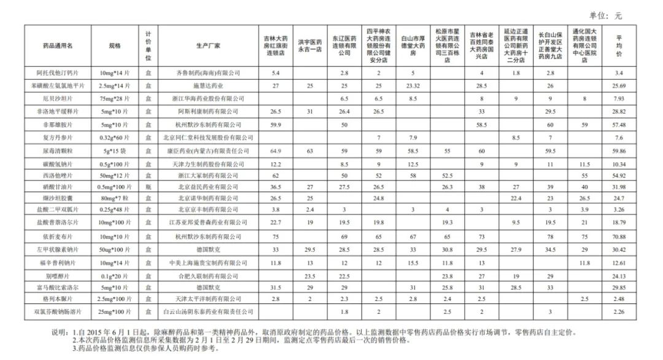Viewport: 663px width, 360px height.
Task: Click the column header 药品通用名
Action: (58, 45)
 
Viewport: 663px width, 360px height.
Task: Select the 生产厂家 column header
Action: (208, 45)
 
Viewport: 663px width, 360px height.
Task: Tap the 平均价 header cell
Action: (619, 45)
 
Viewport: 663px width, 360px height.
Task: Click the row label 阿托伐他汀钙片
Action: (58, 72)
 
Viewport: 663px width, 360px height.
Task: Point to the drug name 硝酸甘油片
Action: (58, 186)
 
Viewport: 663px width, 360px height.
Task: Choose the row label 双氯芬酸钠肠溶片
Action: (58, 311)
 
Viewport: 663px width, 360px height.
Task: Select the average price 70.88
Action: (619, 236)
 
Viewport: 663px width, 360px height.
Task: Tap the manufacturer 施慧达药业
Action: (208, 85)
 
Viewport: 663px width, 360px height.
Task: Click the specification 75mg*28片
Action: (114, 98)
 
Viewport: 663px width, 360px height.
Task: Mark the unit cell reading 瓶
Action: (149, 186)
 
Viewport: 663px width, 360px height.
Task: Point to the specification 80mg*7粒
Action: (114, 198)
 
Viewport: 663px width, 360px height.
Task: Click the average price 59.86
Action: (619, 150)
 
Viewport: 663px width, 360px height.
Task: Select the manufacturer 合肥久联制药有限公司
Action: (208, 276)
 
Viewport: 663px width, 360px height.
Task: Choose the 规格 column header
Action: (114, 45)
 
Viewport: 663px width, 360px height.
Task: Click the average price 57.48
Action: (619, 124)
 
